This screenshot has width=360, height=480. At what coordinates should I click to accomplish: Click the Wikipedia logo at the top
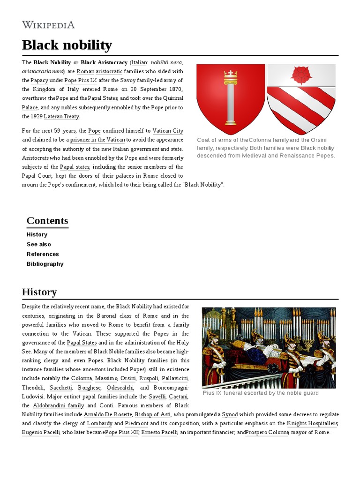click(x=48, y=25)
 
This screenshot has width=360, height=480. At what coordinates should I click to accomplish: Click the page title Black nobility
click(x=67, y=45)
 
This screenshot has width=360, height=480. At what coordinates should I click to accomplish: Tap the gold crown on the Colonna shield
click(x=230, y=75)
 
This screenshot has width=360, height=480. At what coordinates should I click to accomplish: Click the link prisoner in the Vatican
click(x=97, y=140)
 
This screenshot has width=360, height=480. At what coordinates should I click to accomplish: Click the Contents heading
click(x=47, y=221)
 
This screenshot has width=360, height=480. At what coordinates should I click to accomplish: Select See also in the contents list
click(x=39, y=244)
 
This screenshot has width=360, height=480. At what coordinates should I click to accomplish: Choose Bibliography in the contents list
click(x=45, y=264)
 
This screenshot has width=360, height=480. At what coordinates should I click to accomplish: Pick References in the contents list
click(x=43, y=254)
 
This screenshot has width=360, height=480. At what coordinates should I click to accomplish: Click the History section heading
click(x=39, y=292)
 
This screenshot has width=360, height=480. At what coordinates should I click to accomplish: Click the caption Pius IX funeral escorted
click(x=261, y=393)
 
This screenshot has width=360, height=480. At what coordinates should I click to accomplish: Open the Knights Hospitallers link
click(x=312, y=423)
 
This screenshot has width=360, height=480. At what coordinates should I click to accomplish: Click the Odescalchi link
click(x=120, y=388)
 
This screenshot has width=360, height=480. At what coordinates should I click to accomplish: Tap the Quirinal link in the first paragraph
click(x=173, y=98)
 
